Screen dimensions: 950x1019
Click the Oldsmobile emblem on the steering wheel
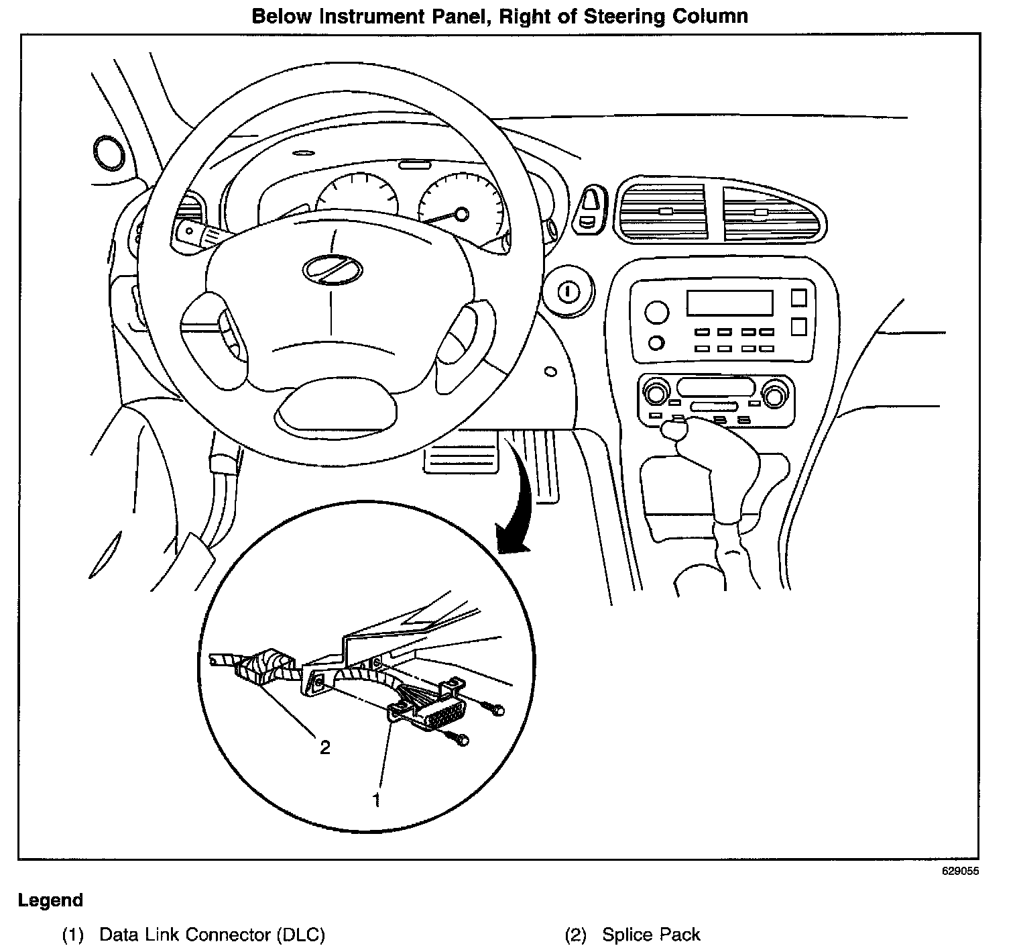332,270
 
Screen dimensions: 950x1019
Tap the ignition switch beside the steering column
567,293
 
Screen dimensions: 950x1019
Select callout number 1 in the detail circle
377,799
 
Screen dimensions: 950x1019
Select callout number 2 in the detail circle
324,747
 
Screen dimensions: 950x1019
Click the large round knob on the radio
656,312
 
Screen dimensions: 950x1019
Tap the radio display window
729,303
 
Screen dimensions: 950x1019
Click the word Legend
51,900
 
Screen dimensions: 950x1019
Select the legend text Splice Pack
651,935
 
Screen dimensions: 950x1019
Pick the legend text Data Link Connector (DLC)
212,935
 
